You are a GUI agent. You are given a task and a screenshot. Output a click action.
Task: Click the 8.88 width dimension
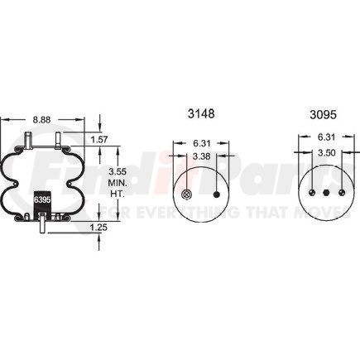coord(41,120)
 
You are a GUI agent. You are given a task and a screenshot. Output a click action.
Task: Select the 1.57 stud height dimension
coord(99,140)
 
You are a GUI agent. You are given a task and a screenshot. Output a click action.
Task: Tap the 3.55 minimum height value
coord(118,171)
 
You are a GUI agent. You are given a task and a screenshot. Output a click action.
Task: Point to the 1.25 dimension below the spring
coord(98,228)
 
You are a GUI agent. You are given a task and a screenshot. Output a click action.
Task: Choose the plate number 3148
coord(201,113)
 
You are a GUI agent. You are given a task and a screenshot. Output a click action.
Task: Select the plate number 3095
coord(324,114)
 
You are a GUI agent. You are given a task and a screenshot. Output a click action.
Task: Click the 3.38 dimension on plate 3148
coord(201,156)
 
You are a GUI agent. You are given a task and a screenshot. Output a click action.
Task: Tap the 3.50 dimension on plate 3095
coord(326,152)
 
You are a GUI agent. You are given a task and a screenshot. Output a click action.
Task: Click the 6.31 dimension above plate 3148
coord(201,143)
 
